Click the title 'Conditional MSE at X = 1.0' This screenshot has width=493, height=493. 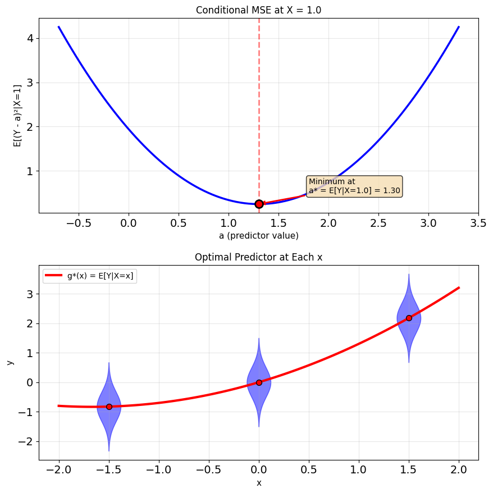(x=258, y=10)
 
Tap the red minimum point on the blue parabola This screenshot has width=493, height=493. (x=259, y=204)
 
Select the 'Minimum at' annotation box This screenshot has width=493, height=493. (x=354, y=186)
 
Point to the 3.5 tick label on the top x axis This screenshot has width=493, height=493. (x=478, y=223)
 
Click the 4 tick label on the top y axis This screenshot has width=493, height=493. (x=30, y=39)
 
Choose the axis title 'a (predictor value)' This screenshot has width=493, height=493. (x=258, y=235)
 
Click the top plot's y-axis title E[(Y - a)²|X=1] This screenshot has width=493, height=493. (x=17, y=116)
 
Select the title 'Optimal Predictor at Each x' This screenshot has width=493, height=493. (x=258, y=257)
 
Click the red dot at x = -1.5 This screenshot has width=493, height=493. (x=109, y=407)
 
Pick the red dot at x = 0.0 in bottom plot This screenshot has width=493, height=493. (x=259, y=382)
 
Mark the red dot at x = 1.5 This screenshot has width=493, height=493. (x=409, y=318)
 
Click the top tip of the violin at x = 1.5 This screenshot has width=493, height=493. (x=409, y=274)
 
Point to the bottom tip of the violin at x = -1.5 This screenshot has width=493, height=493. (x=109, y=451)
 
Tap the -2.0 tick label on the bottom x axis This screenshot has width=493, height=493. (x=58, y=470)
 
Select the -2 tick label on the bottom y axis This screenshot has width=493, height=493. (x=26, y=442)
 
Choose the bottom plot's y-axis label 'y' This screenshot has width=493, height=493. (x=11, y=363)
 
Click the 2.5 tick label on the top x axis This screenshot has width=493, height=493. (x=378, y=223)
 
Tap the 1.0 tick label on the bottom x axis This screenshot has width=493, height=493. (x=359, y=470)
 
